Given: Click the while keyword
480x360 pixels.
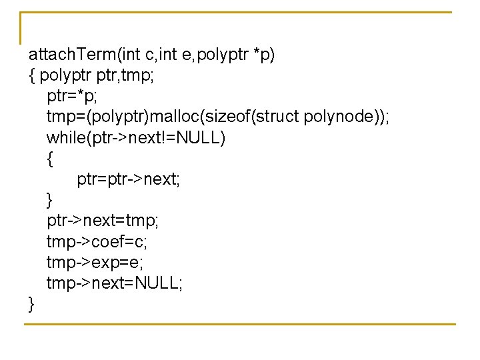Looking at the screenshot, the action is (x=63, y=138).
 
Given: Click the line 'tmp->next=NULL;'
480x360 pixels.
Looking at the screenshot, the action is (x=114, y=283).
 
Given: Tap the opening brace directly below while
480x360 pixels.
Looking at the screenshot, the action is (x=49, y=159).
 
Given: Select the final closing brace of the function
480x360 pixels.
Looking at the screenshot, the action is (x=31, y=304).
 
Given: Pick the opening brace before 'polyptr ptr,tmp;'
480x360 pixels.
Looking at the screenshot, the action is (x=31, y=75).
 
